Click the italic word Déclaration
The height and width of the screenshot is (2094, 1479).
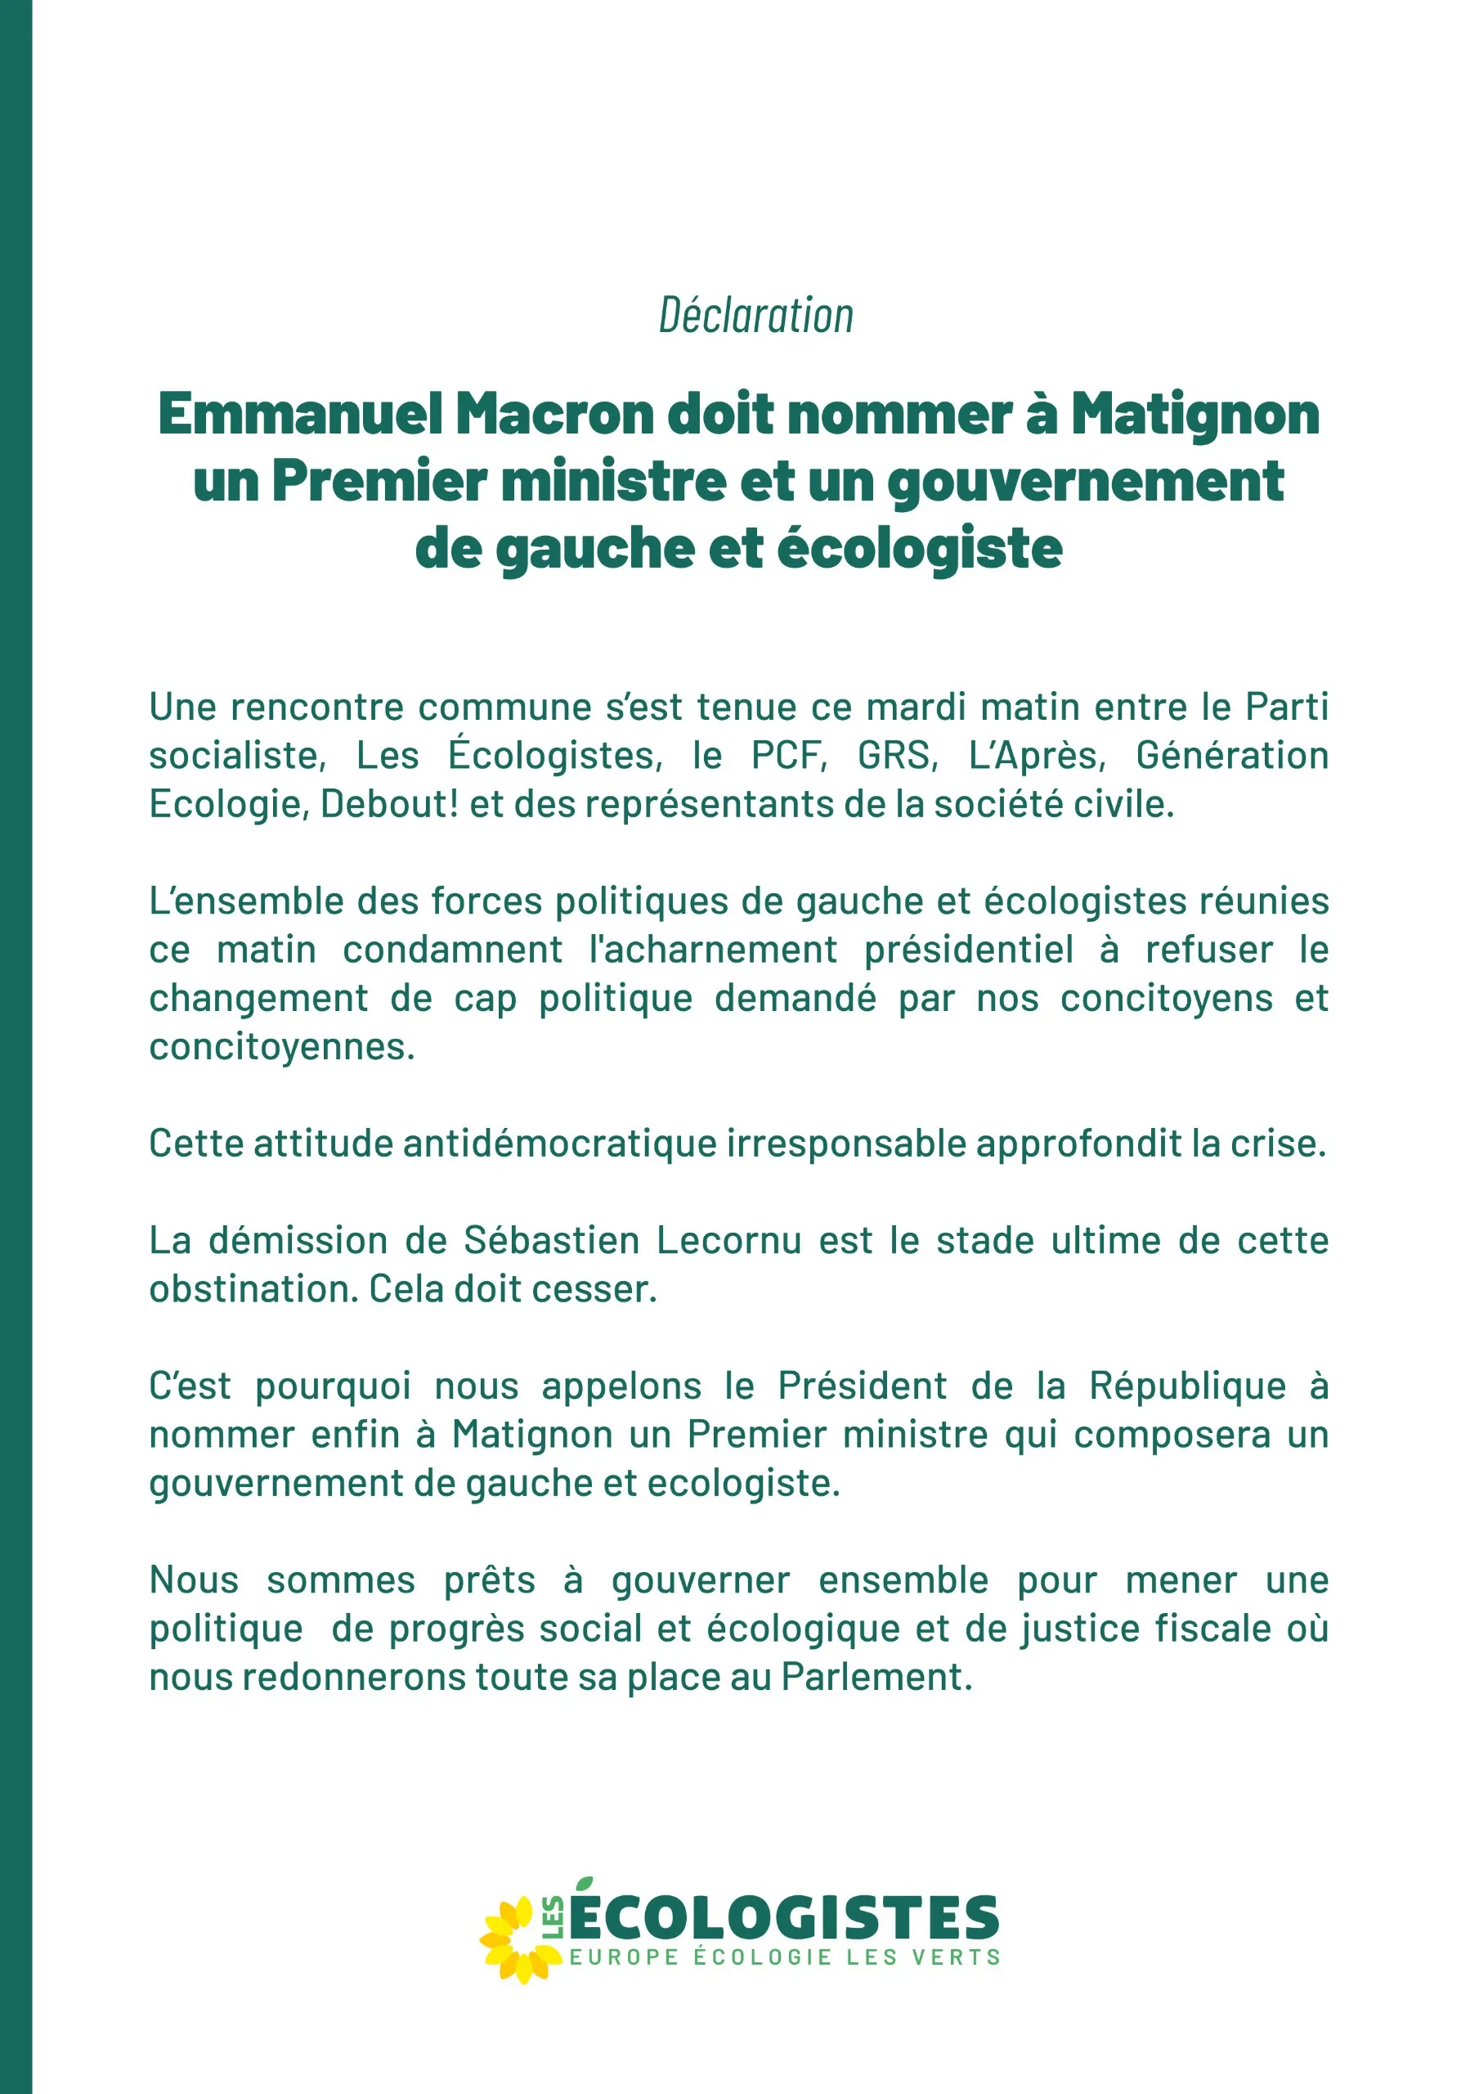click(756, 317)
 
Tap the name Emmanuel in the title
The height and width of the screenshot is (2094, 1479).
click(301, 414)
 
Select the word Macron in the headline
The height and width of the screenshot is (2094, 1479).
click(555, 414)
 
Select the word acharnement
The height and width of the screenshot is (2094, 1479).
click(713, 950)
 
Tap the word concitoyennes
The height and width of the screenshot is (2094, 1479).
click(282, 1046)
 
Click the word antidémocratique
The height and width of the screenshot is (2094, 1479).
click(561, 1143)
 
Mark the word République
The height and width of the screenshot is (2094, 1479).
click(1187, 1386)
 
